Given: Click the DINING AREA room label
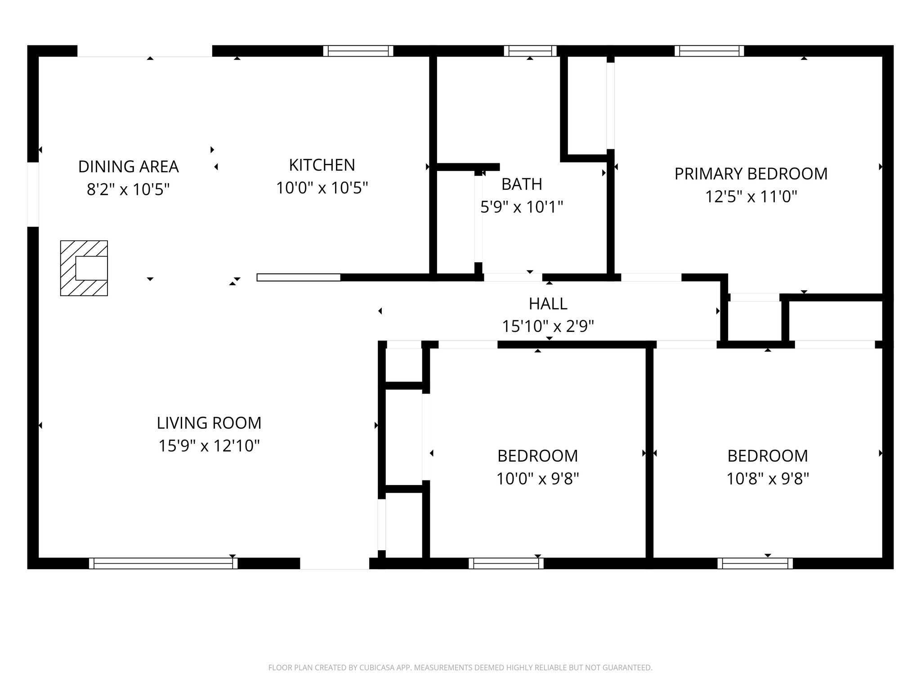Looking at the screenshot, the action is point(129,166).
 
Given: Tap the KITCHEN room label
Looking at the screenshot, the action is point(322,165).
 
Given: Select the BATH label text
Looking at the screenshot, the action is point(522,184).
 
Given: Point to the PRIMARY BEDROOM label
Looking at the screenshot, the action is point(751,174).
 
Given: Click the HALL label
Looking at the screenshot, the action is point(548,304).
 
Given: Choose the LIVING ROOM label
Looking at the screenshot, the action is point(209,423).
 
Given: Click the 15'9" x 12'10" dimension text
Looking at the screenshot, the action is point(209,446).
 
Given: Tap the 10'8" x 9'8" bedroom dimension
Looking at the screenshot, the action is point(768,479).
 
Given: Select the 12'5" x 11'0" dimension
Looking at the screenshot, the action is point(751,197).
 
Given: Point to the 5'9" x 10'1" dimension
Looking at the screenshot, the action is point(522,207).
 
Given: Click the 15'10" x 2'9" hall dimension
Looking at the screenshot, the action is point(548,326).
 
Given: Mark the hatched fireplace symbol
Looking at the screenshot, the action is point(84,268).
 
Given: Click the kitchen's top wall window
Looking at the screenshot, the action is point(358,51).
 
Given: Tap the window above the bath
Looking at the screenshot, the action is point(530,51).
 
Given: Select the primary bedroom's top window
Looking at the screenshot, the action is point(709,51).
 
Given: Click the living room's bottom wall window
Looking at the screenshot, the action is point(163,563).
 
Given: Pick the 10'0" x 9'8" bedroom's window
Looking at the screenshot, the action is point(506,563).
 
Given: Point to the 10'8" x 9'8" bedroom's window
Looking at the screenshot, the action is point(755,563).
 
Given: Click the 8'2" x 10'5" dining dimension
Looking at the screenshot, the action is point(128,189).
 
